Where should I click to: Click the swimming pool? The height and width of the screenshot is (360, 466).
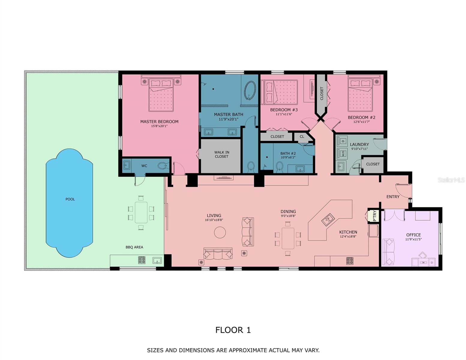pyautogui.click(x=69, y=203)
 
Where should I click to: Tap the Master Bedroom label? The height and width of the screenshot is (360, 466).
pyautogui.click(x=159, y=121)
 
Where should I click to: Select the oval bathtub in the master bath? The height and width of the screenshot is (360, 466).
pyautogui.click(x=250, y=90)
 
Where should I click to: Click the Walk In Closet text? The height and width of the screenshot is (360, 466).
pyautogui.click(x=221, y=154)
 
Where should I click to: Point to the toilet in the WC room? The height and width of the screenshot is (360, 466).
pyautogui.click(x=162, y=165)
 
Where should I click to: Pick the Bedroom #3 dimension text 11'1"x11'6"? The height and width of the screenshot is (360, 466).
pyautogui.click(x=284, y=114)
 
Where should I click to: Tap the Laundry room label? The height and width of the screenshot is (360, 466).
pyautogui.click(x=359, y=144)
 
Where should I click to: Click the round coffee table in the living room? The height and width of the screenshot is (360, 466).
pyautogui.click(x=220, y=232)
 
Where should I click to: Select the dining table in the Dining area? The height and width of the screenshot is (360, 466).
pyautogui.click(x=288, y=238)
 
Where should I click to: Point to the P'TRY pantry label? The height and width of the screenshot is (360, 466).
pyautogui.click(x=374, y=216)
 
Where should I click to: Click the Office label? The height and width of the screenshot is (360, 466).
pyautogui.click(x=413, y=235)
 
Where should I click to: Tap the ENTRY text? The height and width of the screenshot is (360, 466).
pyautogui.click(x=393, y=197)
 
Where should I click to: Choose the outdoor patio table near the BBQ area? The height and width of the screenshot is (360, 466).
pyautogui.click(x=141, y=212)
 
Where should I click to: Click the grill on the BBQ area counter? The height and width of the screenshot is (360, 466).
pyautogui.click(x=142, y=260)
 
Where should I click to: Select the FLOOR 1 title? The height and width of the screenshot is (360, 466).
pyautogui.click(x=233, y=330)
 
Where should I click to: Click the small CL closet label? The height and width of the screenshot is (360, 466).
pyautogui.click(x=302, y=137)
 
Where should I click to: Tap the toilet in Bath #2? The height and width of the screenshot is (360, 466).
pyautogui.click(x=279, y=166)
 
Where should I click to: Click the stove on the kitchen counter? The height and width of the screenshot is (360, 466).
pyautogui.click(x=350, y=261)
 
